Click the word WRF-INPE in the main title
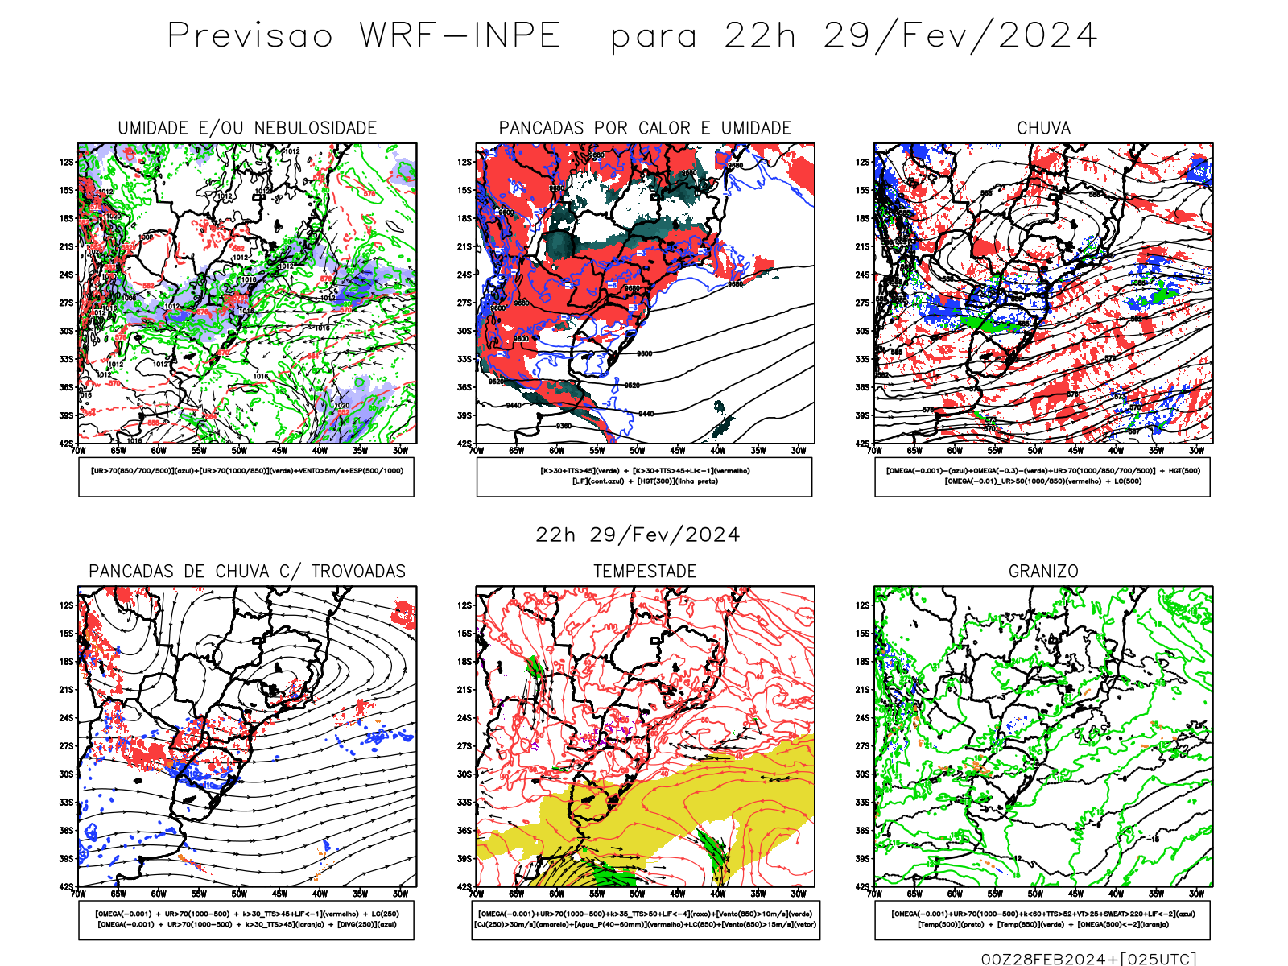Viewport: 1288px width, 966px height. click(460, 35)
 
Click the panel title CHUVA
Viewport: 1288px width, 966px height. click(1043, 128)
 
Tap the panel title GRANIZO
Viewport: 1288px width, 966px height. click(1043, 572)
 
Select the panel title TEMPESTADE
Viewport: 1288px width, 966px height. click(645, 572)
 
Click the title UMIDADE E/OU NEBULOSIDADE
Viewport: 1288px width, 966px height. click(247, 128)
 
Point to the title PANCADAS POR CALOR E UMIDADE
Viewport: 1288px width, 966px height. click(645, 128)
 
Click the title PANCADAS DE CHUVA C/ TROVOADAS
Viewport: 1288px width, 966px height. click(247, 572)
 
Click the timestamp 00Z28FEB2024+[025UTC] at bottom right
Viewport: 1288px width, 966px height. click(1088, 958)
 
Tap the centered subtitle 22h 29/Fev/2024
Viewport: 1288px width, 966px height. click(638, 535)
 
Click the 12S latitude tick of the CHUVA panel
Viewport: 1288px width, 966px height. click(862, 162)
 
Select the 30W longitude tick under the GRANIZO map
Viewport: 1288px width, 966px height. click(1196, 894)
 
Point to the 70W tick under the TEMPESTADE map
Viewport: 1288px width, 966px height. click(477, 894)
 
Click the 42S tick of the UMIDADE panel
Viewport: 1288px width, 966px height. click(66, 444)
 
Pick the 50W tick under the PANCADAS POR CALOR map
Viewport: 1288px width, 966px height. click(637, 451)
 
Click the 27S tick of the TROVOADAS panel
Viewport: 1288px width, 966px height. click(66, 746)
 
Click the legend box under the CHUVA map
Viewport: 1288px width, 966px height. click(1042, 477)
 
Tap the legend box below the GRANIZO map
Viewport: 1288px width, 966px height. click(1042, 919)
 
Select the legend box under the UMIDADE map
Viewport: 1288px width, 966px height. click(246, 477)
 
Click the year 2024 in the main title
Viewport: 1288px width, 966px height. click(1047, 35)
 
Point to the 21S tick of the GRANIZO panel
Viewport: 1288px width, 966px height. click(862, 690)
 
